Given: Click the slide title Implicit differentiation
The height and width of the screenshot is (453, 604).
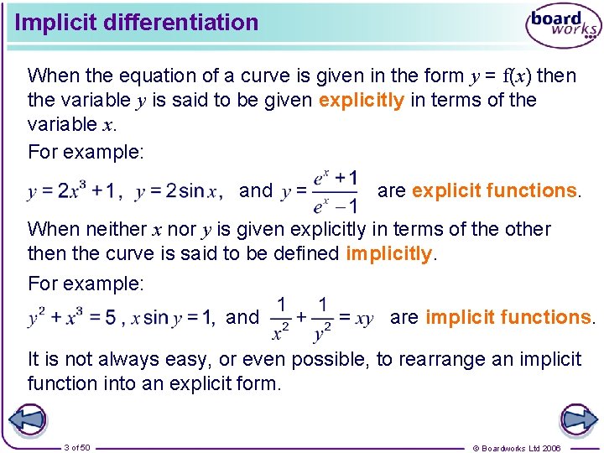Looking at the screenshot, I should tap(137, 23).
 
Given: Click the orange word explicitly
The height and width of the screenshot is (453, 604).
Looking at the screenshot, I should tap(362, 100).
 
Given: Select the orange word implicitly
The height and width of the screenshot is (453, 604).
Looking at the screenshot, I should tap(388, 253).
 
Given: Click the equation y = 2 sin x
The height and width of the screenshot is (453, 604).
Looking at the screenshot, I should tap(177, 191).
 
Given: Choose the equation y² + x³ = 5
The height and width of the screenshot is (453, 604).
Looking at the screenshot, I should tap(71, 318).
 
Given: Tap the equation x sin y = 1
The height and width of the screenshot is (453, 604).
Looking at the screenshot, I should tap(179, 318).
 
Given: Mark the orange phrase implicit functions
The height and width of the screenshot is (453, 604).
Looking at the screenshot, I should tap(508, 317).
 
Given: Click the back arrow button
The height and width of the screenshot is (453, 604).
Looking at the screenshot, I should tap(28, 419).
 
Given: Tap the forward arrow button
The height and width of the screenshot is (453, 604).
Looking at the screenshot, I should tap(577, 419).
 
